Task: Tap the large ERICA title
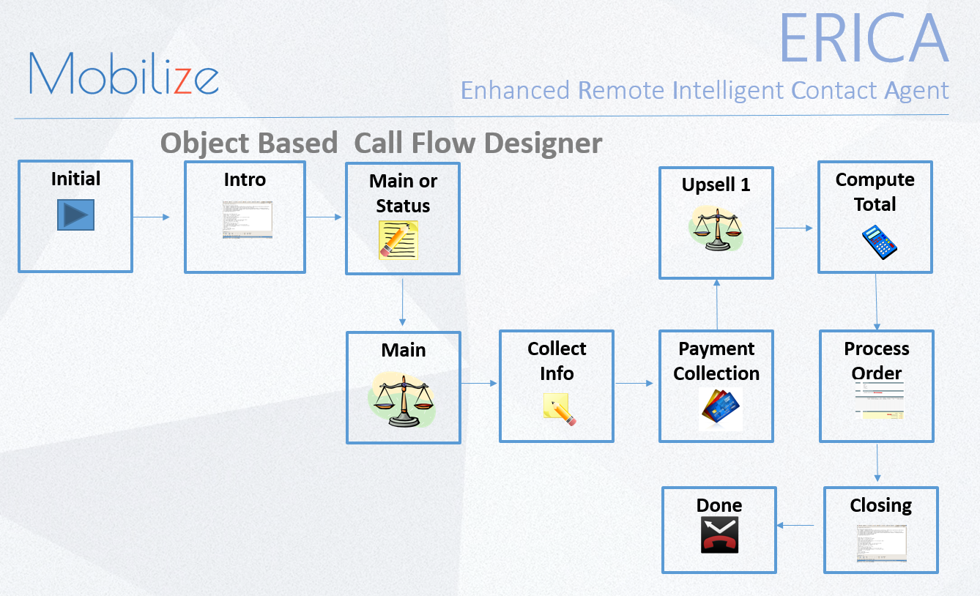(863, 38)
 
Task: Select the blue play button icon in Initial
(75, 215)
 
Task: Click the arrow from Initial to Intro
(152, 217)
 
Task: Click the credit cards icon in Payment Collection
(720, 408)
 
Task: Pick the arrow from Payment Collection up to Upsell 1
(716, 305)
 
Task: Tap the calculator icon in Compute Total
(879, 242)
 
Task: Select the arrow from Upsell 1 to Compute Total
(794, 228)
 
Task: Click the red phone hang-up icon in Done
(719, 534)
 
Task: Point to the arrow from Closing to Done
(795, 525)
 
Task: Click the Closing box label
(880, 505)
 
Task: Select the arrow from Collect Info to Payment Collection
(634, 383)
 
